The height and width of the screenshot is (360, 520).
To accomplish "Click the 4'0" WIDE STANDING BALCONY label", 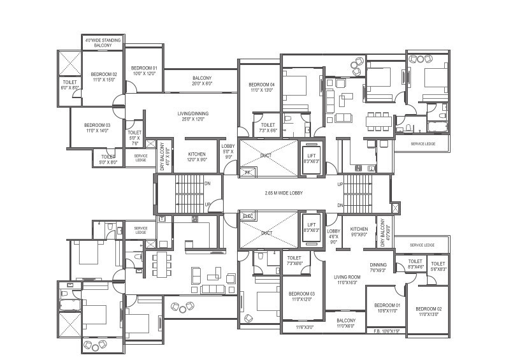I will pyautogui.click(x=103, y=43).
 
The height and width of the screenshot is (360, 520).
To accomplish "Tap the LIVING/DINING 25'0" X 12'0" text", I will pyautogui.click(x=193, y=117).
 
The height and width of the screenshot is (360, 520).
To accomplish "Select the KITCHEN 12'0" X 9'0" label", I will pyautogui.click(x=197, y=157).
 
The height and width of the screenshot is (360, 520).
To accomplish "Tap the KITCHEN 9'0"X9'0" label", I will pyautogui.click(x=359, y=232).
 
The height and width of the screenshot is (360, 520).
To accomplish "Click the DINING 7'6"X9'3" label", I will pyautogui.click(x=379, y=268).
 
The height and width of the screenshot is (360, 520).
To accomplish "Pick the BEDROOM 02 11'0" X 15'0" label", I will pyautogui.click(x=103, y=77).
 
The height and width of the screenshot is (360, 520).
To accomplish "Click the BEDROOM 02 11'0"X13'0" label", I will pyautogui.click(x=430, y=312).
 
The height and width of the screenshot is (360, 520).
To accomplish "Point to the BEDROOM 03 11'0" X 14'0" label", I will pyautogui.click(x=97, y=127).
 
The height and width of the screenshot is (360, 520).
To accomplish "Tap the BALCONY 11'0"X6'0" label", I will pyautogui.click(x=346, y=323).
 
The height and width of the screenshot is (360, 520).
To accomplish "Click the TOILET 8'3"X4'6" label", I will pyautogui.click(x=415, y=264).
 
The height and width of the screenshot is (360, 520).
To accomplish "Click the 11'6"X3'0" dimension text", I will pyautogui.click(x=305, y=327).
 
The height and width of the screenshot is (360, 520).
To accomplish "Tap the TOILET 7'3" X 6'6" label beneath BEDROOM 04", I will pyautogui.click(x=268, y=127).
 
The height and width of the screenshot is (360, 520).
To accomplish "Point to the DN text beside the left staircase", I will pyautogui.click(x=207, y=184).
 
